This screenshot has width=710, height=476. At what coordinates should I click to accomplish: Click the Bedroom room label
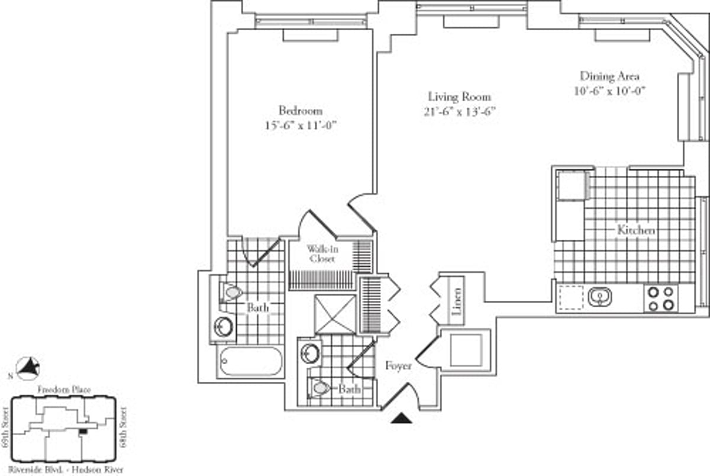tap(301, 111)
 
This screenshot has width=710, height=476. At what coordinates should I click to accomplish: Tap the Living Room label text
tap(459, 97)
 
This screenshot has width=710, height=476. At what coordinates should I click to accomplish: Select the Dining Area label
tap(609, 76)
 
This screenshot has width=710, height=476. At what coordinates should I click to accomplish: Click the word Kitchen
tap(636, 230)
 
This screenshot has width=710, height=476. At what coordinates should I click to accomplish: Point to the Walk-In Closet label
tap(321, 254)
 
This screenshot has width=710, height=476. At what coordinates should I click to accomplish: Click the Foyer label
tap(398, 366)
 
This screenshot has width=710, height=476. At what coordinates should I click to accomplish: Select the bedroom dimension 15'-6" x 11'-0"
tap(301, 126)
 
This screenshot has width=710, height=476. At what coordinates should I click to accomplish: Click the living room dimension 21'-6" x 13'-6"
tap(459, 112)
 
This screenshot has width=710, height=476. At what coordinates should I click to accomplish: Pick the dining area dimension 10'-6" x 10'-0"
tap(609, 91)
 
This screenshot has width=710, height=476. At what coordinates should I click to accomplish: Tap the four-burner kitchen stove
tap(661, 298)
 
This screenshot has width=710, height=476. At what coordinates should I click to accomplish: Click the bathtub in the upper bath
tap(250, 361)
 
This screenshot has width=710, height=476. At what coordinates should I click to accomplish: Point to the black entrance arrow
tap(402, 419)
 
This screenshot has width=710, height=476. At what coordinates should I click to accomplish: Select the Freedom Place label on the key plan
tap(63, 390)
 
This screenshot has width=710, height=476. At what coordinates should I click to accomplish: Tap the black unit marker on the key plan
tap(83, 431)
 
